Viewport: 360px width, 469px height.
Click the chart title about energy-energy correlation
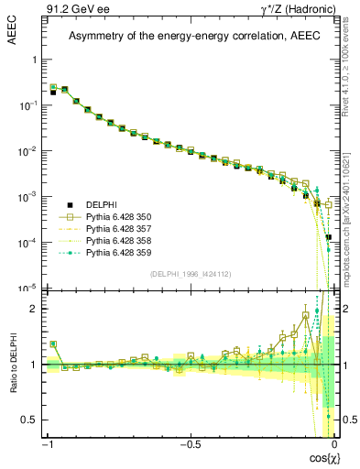(x=190, y=36)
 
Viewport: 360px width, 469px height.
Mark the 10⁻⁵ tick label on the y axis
(x=30, y=288)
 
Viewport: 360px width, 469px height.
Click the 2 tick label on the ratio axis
(x=36, y=309)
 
